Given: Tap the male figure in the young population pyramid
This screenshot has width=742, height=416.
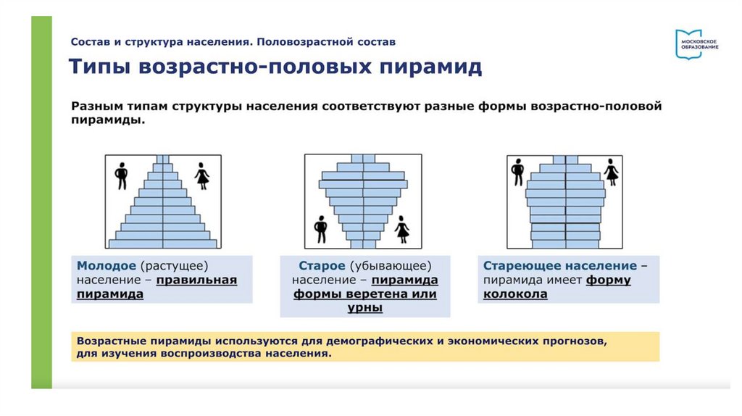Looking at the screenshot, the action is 121,175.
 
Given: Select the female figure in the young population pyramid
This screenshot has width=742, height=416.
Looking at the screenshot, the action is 202,176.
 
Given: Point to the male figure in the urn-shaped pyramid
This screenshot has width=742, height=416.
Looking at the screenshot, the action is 320,230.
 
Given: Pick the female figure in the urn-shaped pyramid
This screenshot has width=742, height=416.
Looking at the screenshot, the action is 402,230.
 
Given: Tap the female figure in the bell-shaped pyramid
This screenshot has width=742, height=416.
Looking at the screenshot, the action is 612,172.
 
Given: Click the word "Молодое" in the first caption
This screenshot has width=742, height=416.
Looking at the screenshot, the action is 106,265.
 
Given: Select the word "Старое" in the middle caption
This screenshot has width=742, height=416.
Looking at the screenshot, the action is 322,265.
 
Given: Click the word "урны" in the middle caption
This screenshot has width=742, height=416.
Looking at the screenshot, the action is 364,308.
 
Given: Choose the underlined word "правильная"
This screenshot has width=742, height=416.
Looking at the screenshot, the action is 196,280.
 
